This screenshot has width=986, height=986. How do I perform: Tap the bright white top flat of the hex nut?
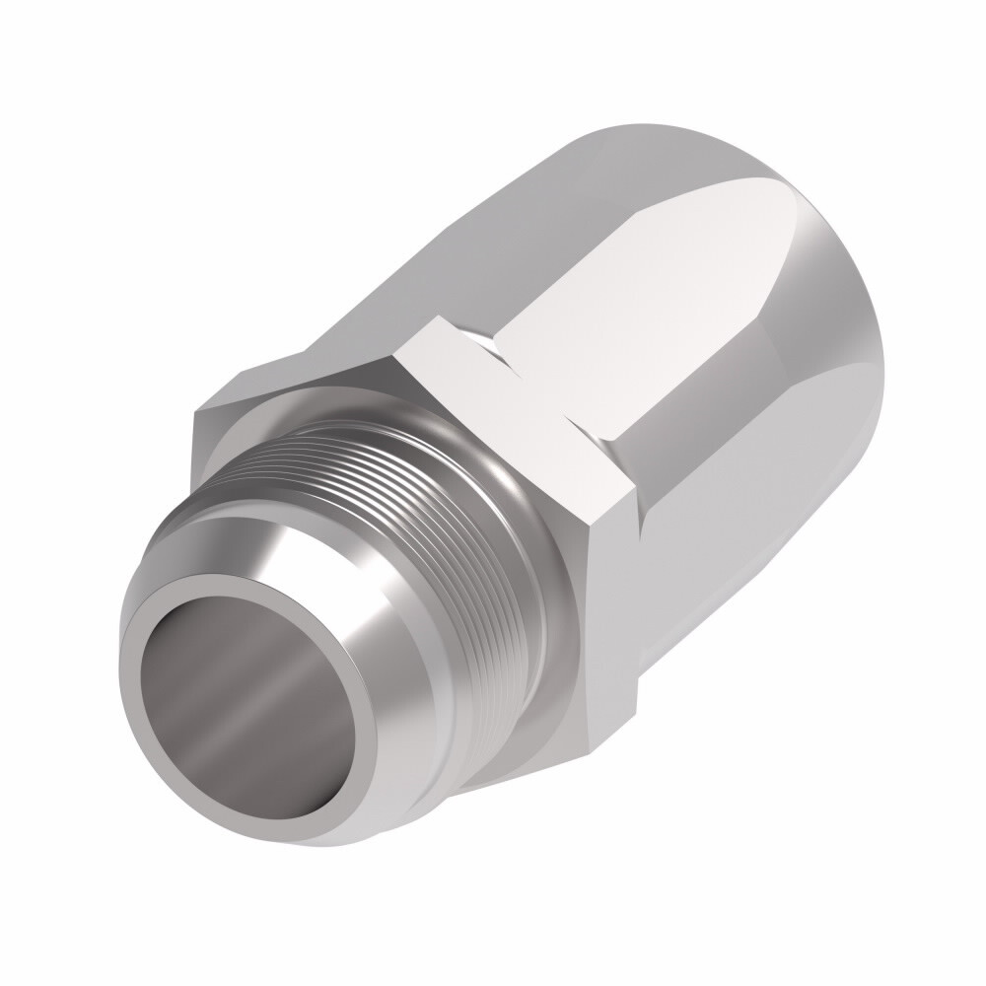click(x=513, y=394)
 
